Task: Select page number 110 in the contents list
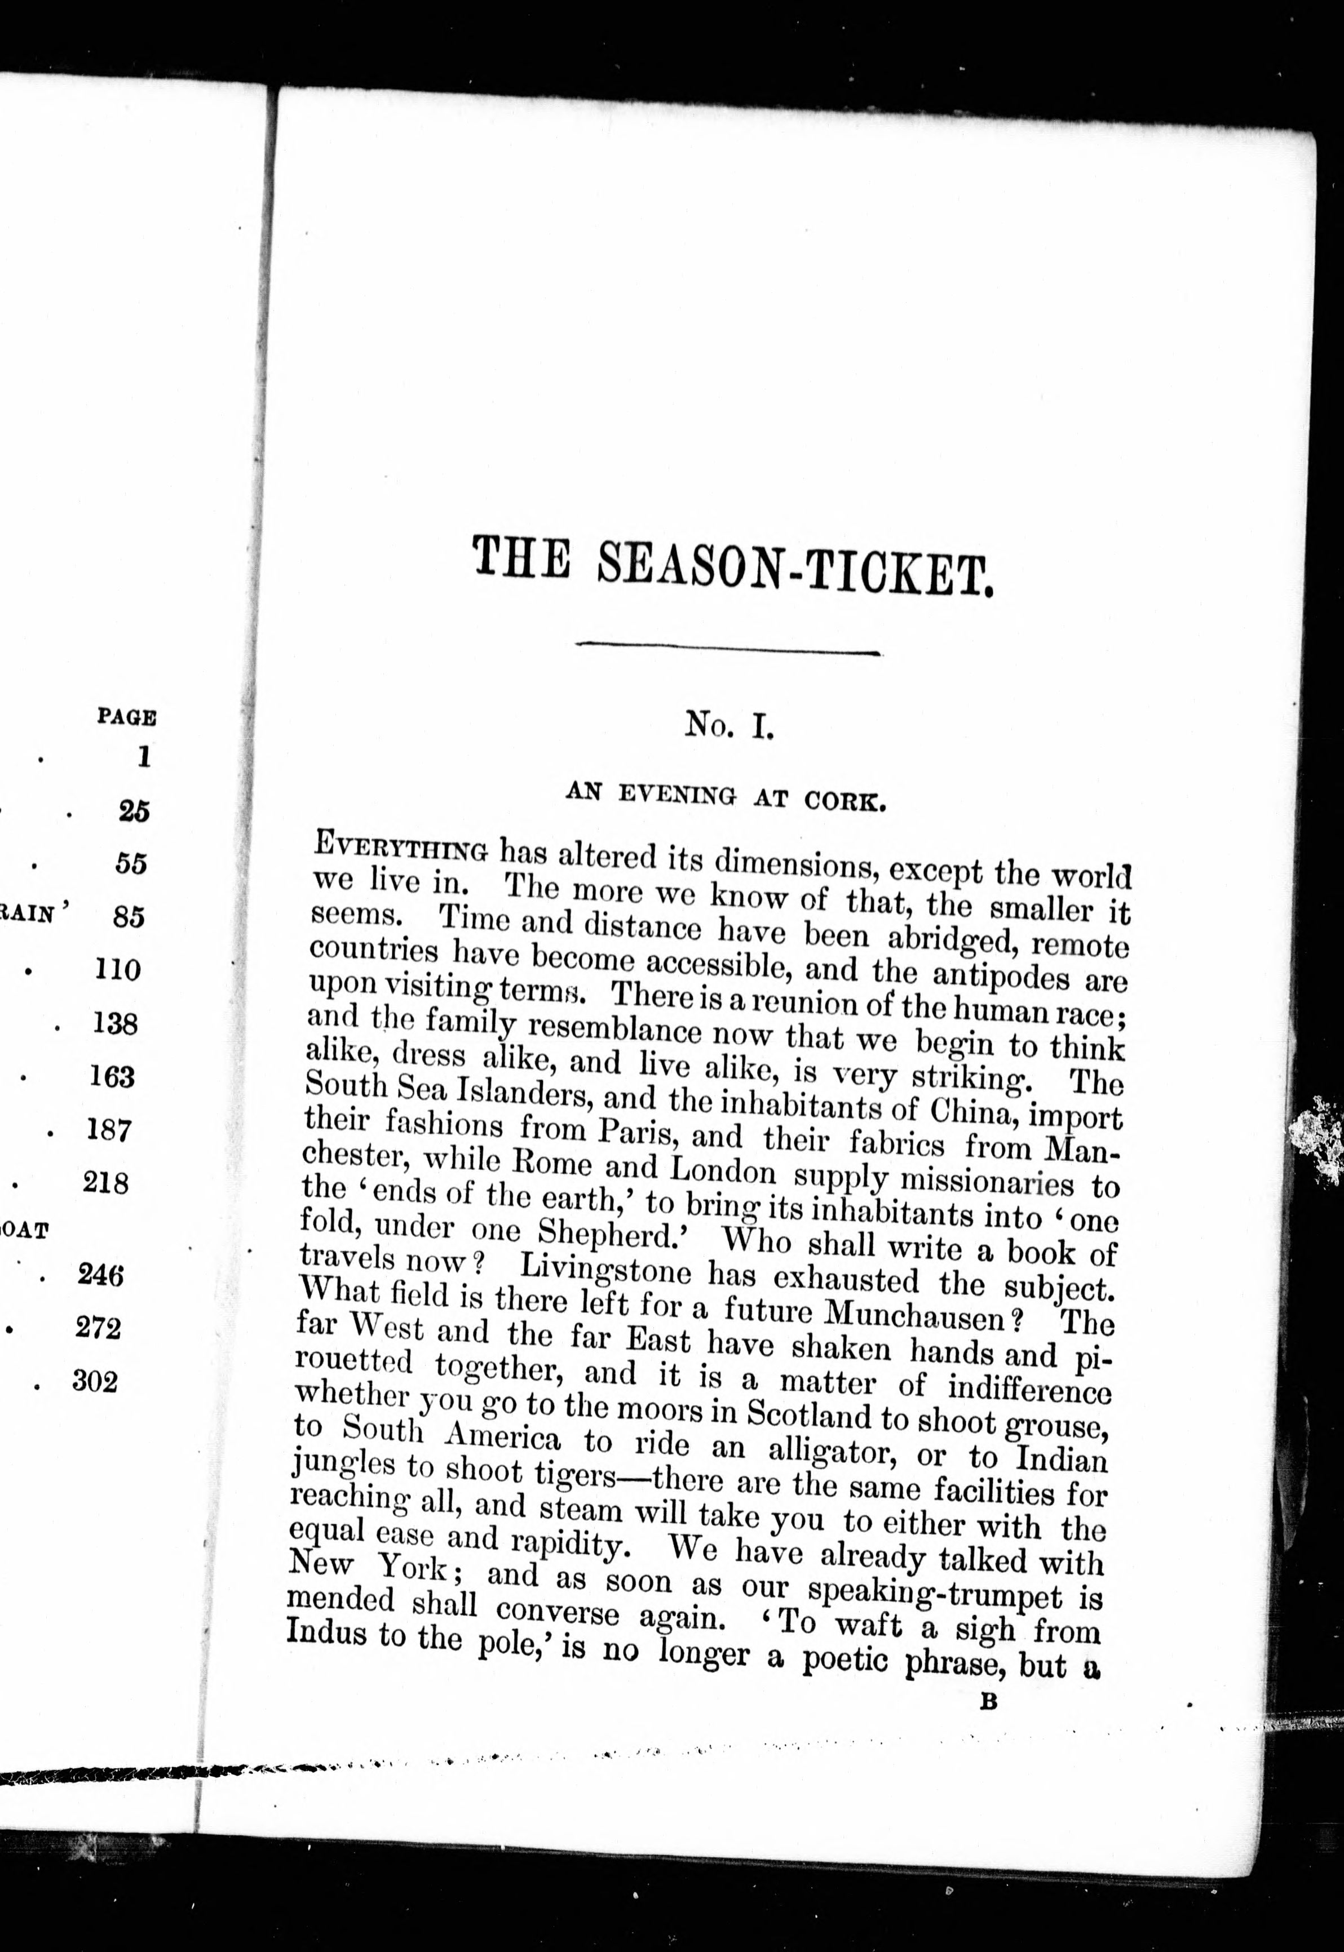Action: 117,970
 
